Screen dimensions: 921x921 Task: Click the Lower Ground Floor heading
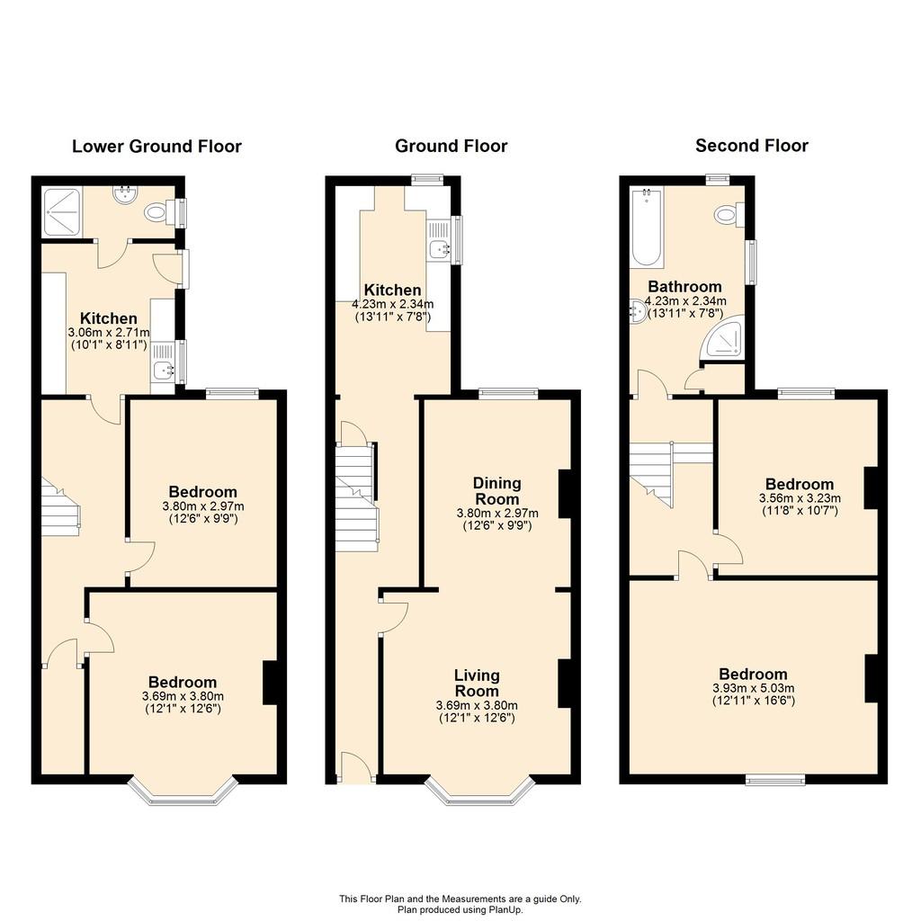[x=156, y=147]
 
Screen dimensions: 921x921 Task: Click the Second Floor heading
[x=752, y=146]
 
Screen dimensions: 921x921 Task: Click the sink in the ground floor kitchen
[x=439, y=250]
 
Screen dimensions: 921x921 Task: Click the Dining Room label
[x=496, y=491]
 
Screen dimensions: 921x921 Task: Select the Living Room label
[x=477, y=684]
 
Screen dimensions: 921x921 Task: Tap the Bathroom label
[x=684, y=287]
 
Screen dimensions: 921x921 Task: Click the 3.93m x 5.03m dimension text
[x=754, y=688]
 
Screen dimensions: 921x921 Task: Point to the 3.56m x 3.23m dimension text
[x=800, y=498]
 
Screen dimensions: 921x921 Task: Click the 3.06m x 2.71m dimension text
[x=109, y=333]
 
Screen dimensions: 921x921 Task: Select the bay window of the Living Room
[x=480, y=791]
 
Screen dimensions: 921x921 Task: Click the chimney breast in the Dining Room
[x=565, y=494]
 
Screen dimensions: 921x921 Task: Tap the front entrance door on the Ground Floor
[x=356, y=770]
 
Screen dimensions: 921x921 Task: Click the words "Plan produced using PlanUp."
[x=460, y=910]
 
